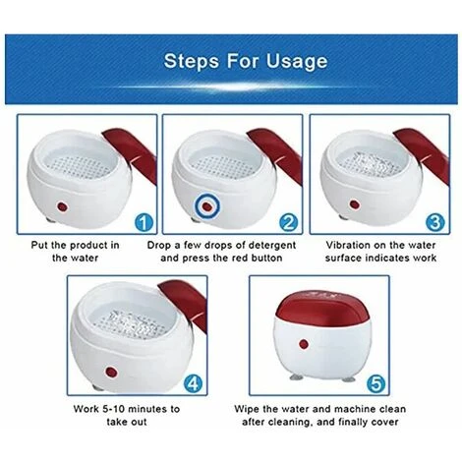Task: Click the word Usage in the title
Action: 297,62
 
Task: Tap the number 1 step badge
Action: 144,223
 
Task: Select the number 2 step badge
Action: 288,223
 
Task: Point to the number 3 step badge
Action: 435,223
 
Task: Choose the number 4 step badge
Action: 194,383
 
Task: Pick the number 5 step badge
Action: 375,383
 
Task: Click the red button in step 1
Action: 62,206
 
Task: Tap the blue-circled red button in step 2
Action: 207,206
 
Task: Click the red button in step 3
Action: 354,204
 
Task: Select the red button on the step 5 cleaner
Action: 304,344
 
